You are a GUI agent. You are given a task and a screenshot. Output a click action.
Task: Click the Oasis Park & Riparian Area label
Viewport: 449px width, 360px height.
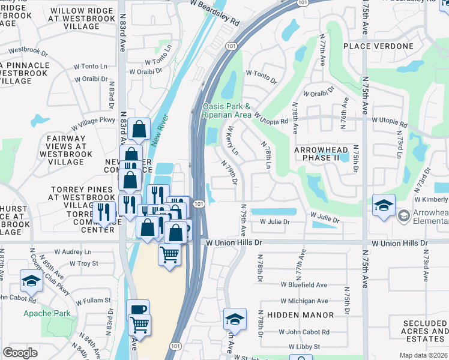click(227, 110)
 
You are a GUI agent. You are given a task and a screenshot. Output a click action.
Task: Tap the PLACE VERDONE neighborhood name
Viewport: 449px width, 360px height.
click(379, 46)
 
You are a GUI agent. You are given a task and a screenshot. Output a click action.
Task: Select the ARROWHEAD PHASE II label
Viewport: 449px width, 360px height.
click(322, 154)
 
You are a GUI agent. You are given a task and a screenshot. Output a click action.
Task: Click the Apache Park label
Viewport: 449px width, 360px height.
click(47, 313)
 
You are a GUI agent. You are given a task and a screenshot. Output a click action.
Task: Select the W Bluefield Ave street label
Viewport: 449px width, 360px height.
click(304, 285)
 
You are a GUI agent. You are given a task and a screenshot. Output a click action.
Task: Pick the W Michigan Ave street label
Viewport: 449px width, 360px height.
click(304, 301)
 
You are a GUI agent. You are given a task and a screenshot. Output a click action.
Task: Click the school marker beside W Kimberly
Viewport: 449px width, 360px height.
click(384, 205)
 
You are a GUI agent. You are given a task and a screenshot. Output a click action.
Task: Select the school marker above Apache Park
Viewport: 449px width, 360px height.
click(31, 280)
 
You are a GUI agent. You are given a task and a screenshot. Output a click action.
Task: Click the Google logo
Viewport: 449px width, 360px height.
click(20, 353)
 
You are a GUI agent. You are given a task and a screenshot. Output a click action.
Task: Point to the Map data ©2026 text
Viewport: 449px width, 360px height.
click(423, 355)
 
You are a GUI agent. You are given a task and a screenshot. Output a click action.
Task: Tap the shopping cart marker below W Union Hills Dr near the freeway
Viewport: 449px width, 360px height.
click(170, 255)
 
